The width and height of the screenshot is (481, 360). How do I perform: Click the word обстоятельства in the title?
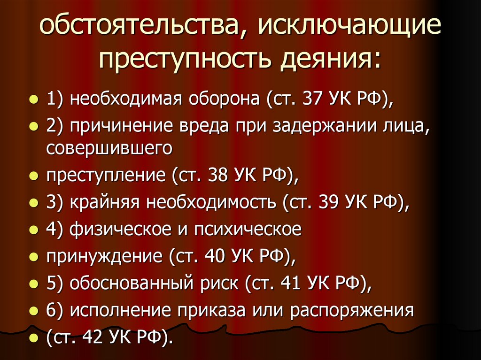tap(140, 29)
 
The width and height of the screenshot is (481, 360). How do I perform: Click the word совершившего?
tap(109, 148)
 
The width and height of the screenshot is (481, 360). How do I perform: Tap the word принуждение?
tap(103, 256)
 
